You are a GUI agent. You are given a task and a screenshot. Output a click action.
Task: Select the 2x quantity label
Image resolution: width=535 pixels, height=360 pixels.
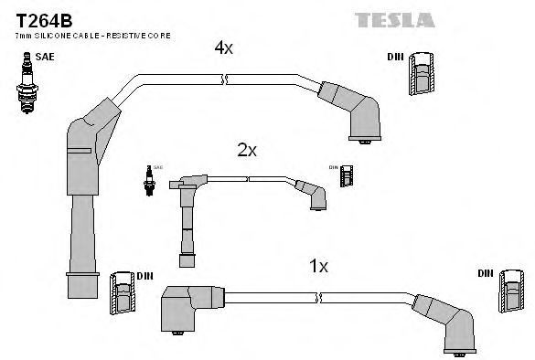[x=246, y=150]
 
